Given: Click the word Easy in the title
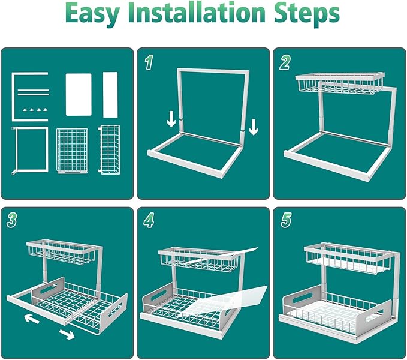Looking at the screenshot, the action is pos(93,14).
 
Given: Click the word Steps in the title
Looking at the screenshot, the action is pos(307,14).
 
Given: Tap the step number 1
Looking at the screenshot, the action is pos(149,62).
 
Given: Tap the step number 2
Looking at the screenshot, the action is pos(285,62).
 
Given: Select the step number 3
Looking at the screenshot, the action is pos(12,220).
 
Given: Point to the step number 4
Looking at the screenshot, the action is pos(149,220).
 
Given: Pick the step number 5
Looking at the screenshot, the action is pos(286,220).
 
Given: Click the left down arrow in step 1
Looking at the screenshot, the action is pos(171,119).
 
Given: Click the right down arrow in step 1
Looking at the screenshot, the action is pos(254,127).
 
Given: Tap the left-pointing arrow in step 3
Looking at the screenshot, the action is pos(32,319).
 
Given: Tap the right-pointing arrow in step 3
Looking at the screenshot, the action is pos(67,334).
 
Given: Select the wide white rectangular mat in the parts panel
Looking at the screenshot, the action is pos(79,94).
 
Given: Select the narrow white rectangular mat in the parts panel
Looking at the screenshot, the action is pos(110,95).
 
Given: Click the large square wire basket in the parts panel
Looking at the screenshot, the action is pos(72,151).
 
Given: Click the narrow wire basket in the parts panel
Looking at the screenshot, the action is pos(109,149).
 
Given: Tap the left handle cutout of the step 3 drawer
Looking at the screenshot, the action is pos(49,289).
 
